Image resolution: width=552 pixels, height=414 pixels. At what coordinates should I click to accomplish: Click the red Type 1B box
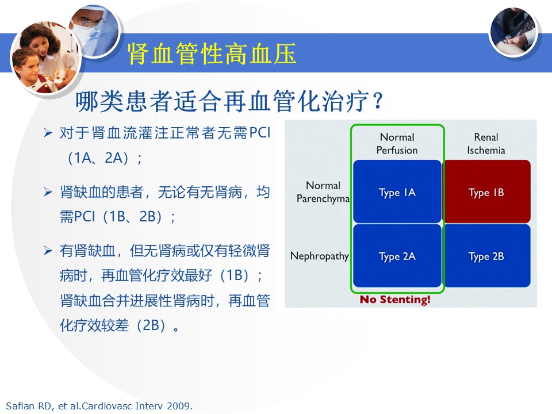[486, 191]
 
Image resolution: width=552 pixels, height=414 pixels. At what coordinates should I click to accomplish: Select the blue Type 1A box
[397, 191]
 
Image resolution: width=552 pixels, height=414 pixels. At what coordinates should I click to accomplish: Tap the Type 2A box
[397, 255]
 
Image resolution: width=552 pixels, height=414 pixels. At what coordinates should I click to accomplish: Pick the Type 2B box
[486, 255]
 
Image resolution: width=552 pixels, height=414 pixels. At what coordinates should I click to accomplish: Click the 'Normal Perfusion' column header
[397, 144]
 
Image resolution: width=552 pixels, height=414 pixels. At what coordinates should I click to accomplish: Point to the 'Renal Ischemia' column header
[486, 144]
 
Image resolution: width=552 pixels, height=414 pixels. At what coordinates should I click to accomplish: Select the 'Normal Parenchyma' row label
[323, 192]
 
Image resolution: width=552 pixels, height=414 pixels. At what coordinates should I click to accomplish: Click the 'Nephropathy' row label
[319, 256]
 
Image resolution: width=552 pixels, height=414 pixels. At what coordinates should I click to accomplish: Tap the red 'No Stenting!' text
[395, 300]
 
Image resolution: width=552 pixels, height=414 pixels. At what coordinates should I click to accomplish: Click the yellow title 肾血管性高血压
[212, 54]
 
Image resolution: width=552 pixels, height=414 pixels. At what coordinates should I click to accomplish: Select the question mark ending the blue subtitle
[378, 101]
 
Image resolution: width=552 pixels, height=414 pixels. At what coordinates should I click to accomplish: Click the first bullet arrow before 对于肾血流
[48, 133]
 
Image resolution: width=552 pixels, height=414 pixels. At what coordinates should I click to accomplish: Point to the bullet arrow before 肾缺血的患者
[48, 192]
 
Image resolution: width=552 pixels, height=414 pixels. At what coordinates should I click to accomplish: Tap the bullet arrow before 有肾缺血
[48, 251]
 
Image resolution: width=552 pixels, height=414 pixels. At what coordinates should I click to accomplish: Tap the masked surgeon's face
[88, 26]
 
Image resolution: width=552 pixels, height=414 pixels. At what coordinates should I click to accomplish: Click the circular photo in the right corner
[513, 32]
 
